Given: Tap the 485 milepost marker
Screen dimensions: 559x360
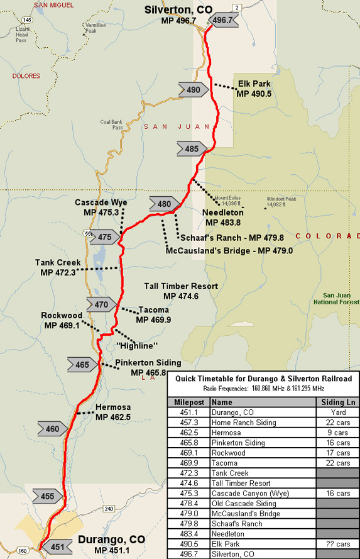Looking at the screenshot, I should tap(192, 149).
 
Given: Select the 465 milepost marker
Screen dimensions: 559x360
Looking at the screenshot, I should tap(84, 365).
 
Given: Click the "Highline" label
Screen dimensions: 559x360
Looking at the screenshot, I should tap(137, 346).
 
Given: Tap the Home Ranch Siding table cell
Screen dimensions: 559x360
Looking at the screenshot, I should tap(244, 423).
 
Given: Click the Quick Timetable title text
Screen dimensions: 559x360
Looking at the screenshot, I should tap(263, 379).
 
